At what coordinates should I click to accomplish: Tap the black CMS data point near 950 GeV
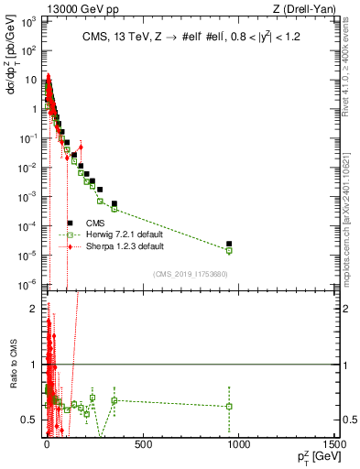coord(229,244)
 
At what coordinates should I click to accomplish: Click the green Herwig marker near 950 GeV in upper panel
coord(229,250)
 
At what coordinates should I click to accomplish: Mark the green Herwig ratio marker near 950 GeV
coord(229,406)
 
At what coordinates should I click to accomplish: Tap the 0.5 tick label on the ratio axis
coord(28,420)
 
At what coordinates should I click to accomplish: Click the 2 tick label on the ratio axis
coord(33,309)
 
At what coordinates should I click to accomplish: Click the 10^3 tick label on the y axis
coord(27,21)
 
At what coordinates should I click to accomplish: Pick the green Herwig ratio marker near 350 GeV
coord(115,400)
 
